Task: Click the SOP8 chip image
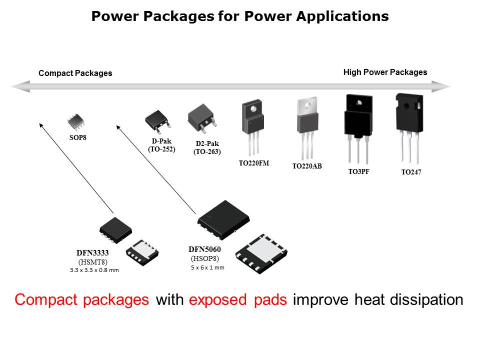tap(76, 120)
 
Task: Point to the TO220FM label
tap(254, 162)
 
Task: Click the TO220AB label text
tap(307, 166)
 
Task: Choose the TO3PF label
tap(358, 171)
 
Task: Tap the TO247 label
tap(411, 172)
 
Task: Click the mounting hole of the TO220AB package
tap(307, 105)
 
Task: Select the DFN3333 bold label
tap(92, 253)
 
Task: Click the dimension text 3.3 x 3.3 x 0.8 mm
tap(94, 270)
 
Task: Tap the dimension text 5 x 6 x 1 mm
tap(207, 267)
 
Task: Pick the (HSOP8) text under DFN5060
tap(205, 258)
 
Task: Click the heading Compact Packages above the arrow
tap(75, 73)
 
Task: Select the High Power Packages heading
tap(385, 72)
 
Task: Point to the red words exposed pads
tap(238, 300)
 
